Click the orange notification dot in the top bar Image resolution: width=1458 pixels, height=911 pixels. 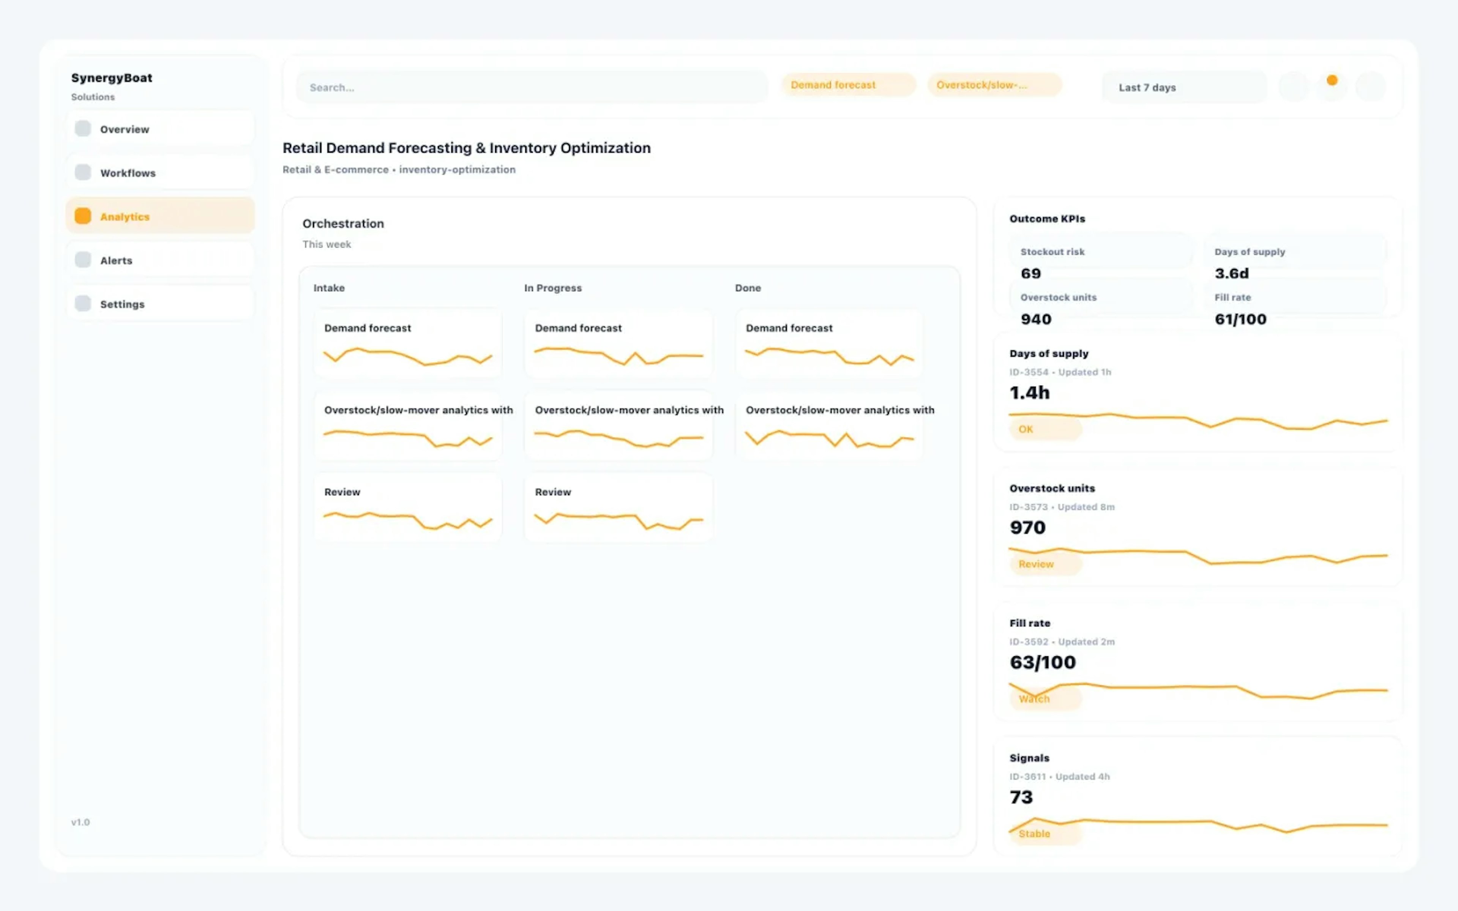coord(1332,80)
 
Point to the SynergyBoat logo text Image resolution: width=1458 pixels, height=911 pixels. coord(112,78)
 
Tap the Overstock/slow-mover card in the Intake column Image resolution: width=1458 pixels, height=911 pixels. coord(408,426)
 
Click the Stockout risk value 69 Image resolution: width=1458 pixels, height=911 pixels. coord(1030,274)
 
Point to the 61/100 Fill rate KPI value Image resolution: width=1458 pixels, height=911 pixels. coord(1240,319)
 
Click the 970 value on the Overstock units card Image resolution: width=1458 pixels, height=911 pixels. coord(1027,528)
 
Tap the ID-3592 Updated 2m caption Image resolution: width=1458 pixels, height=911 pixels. coord(1062,641)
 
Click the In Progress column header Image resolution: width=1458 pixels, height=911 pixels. coord(552,288)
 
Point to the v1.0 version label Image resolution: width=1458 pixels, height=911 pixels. coord(80,823)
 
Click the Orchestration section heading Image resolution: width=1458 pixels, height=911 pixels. coord(343,224)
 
